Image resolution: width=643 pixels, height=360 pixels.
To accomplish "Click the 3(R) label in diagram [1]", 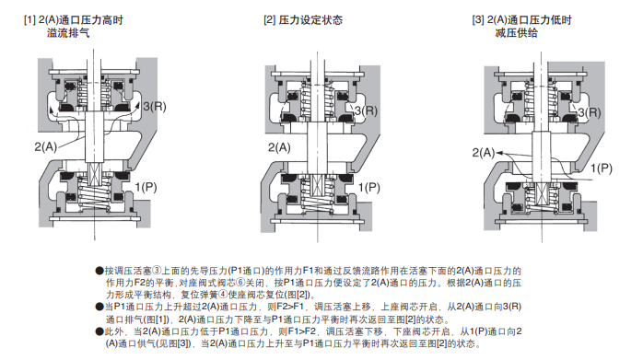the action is (x=155, y=107).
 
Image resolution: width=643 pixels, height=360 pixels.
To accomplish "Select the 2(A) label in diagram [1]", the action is (x=45, y=146).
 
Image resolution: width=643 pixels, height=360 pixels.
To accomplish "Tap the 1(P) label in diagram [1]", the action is (x=146, y=187).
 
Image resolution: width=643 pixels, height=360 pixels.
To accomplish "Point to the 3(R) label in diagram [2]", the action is (x=366, y=110).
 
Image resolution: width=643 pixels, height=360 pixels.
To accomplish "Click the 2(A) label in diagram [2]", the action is (x=279, y=147).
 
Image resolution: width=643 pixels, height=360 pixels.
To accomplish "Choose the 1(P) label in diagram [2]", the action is (x=369, y=188).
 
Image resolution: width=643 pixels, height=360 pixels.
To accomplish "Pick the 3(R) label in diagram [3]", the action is (x=590, y=112).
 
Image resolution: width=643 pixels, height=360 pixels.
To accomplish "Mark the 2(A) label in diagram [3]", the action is (x=484, y=153).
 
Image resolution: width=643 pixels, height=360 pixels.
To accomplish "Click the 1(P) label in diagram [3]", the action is (x=602, y=168).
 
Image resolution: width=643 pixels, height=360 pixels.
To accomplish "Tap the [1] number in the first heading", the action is (x=29, y=19).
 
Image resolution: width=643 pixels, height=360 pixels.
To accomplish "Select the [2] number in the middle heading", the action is (x=269, y=19).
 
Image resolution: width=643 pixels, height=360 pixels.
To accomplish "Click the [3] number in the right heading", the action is (x=478, y=19).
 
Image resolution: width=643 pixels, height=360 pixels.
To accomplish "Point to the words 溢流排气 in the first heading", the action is (x=68, y=33).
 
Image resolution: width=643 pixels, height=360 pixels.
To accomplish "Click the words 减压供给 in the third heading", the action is (x=516, y=33).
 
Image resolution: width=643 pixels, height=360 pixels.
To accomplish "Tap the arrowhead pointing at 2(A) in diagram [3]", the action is (x=500, y=154).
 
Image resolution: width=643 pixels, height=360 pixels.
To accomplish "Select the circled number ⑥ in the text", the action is (x=240, y=283).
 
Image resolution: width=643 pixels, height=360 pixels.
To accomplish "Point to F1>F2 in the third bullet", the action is (x=303, y=331).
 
